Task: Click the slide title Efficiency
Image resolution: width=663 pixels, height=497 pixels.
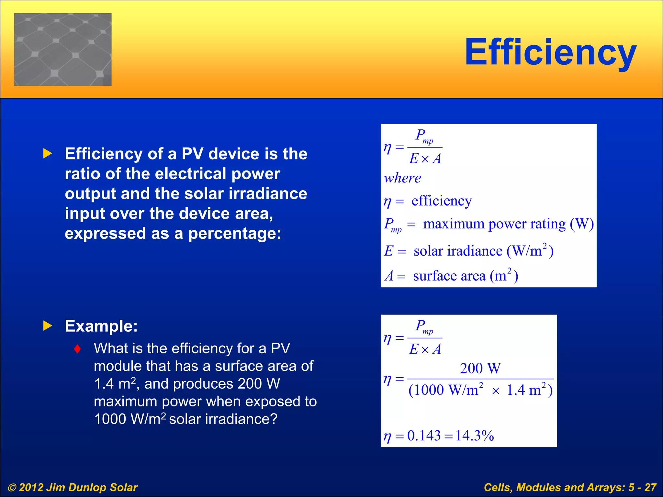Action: click(x=550, y=52)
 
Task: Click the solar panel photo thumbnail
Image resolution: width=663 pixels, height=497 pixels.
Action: click(x=63, y=50)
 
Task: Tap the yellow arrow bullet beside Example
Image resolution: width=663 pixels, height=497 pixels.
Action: click(x=48, y=326)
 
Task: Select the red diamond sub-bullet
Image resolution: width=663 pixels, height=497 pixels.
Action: click(x=77, y=349)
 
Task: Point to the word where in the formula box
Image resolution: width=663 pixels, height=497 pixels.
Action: click(x=402, y=178)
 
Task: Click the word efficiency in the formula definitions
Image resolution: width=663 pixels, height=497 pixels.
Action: click(x=441, y=201)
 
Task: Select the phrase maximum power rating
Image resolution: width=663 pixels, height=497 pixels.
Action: click(x=494, y=224)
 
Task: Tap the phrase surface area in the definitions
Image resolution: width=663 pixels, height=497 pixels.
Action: click(x=449, y=276)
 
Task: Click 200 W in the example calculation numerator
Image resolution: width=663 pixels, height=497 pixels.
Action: click(x=480, y=369)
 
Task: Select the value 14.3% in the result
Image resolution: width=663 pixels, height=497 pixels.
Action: click(x=475, y=436)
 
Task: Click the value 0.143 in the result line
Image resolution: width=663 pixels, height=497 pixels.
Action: click(x=424, y=436)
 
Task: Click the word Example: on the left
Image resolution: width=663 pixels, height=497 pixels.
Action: click(x=101, y=326)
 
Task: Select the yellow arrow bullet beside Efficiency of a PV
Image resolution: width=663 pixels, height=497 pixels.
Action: click(x=48, y=154)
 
